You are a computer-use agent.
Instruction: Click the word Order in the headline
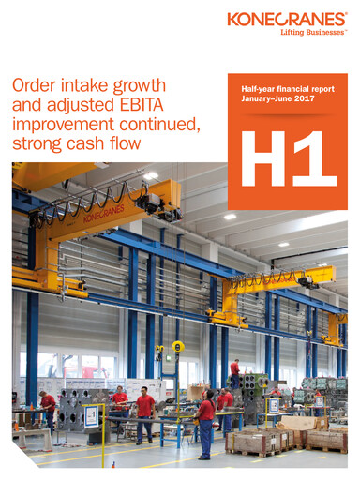pos(34,86)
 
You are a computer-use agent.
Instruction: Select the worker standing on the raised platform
pos(234,367)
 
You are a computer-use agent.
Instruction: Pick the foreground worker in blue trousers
pos(205,422)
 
